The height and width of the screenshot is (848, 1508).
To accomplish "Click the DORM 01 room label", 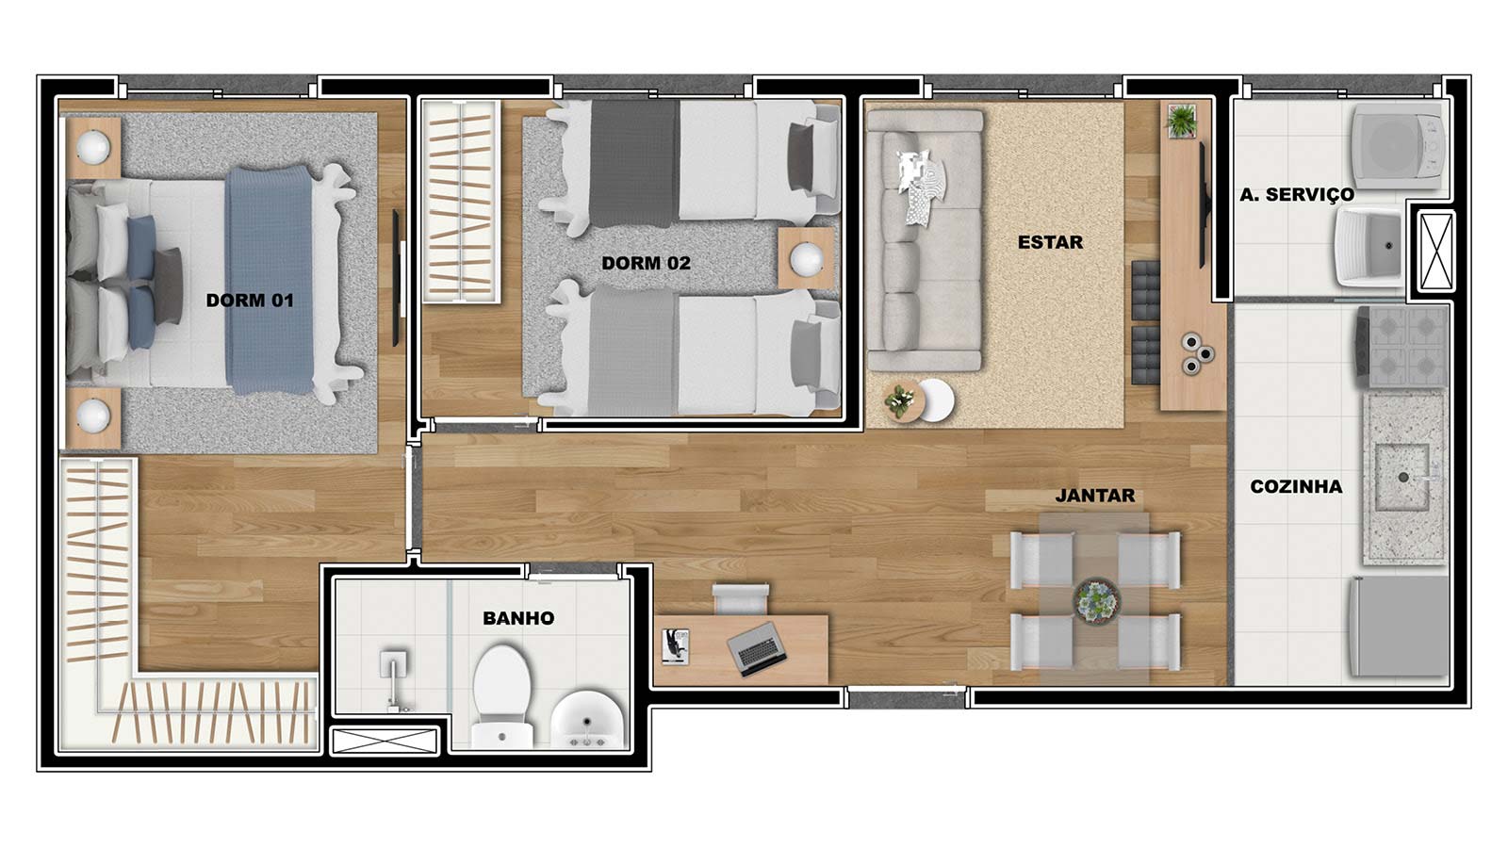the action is [250, 301].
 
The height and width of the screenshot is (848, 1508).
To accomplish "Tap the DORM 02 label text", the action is [647, 263].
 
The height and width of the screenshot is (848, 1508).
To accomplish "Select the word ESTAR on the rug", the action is [1050, 242].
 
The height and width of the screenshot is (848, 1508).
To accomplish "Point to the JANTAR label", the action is [1095, 496].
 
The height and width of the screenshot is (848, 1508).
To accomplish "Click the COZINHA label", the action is [1296, 486].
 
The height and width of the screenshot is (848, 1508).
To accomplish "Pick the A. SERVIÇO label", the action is [1297, 194].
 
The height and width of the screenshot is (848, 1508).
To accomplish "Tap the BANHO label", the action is [518, 618].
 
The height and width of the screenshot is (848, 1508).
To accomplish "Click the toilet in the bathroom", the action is [502, 696].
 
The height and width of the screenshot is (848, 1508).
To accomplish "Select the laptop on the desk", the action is [757, 648].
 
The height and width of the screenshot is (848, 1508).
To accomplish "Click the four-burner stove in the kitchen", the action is [1401, 347].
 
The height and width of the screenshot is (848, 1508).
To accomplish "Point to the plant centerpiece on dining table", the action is [1097, 600].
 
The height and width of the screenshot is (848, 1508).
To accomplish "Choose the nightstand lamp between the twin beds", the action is [806, 259].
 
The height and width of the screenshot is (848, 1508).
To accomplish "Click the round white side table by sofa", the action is [935, 400].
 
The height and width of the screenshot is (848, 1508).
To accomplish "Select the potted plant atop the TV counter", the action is [1182, 122].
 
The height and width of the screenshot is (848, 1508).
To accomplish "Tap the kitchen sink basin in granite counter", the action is [1402, 477].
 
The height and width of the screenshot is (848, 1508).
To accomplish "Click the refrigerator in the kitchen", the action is [1399, 627].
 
